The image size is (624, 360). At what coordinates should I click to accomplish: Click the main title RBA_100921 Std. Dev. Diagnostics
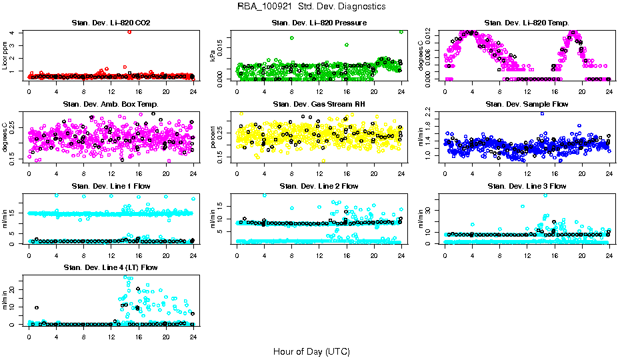click(311, 7)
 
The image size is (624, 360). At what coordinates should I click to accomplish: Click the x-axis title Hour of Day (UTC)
click(311, 351)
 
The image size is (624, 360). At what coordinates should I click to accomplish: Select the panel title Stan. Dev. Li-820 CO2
click(111, 23)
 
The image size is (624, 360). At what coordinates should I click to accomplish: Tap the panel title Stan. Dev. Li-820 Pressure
click(319, 23)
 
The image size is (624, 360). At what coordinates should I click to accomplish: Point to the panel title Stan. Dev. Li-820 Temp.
click(527, 23)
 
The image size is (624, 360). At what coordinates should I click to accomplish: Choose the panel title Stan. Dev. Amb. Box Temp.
click(111, 105)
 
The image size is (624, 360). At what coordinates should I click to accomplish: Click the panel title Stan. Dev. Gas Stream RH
click(319, 105)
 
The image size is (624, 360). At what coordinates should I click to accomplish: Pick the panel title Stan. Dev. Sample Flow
click(527, 105)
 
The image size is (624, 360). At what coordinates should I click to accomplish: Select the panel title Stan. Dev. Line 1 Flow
click(111, 186)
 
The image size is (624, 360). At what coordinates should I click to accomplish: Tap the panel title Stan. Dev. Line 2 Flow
click(319, 186)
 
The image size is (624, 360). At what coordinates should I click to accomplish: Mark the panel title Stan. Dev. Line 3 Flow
click(527, 186)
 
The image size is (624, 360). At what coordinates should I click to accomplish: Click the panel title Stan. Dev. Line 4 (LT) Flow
click(111, 267)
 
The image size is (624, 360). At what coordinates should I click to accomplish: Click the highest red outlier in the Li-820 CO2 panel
click(129, 31)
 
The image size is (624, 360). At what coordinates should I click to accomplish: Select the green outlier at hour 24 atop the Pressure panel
click(401, 31)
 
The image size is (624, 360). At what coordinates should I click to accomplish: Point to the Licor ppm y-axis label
click(5, 55)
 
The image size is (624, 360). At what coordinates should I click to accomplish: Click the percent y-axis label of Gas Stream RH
click(213, 137)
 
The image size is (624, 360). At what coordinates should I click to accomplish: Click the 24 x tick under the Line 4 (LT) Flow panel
click(193, 337)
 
